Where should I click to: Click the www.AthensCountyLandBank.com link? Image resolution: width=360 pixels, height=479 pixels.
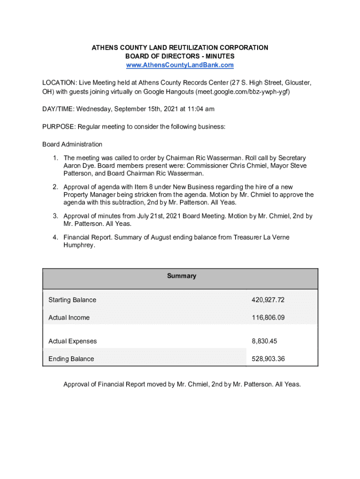180,65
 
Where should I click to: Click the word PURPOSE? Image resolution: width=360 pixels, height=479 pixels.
59,127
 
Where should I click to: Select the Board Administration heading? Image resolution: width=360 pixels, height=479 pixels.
72,144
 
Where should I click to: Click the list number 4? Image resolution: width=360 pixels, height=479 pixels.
55,238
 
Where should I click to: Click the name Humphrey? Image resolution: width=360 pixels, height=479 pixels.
79,245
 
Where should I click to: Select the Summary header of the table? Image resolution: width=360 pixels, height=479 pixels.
181,276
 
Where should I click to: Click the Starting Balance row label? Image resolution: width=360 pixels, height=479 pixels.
72,300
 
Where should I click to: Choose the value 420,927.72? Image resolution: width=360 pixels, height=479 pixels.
268,300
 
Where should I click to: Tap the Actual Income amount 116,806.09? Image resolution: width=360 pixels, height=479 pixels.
268,318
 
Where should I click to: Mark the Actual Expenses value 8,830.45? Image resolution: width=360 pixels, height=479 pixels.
264,341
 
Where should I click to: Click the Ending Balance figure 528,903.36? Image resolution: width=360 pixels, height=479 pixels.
268,359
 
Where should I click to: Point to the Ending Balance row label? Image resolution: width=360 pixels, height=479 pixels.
71,359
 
